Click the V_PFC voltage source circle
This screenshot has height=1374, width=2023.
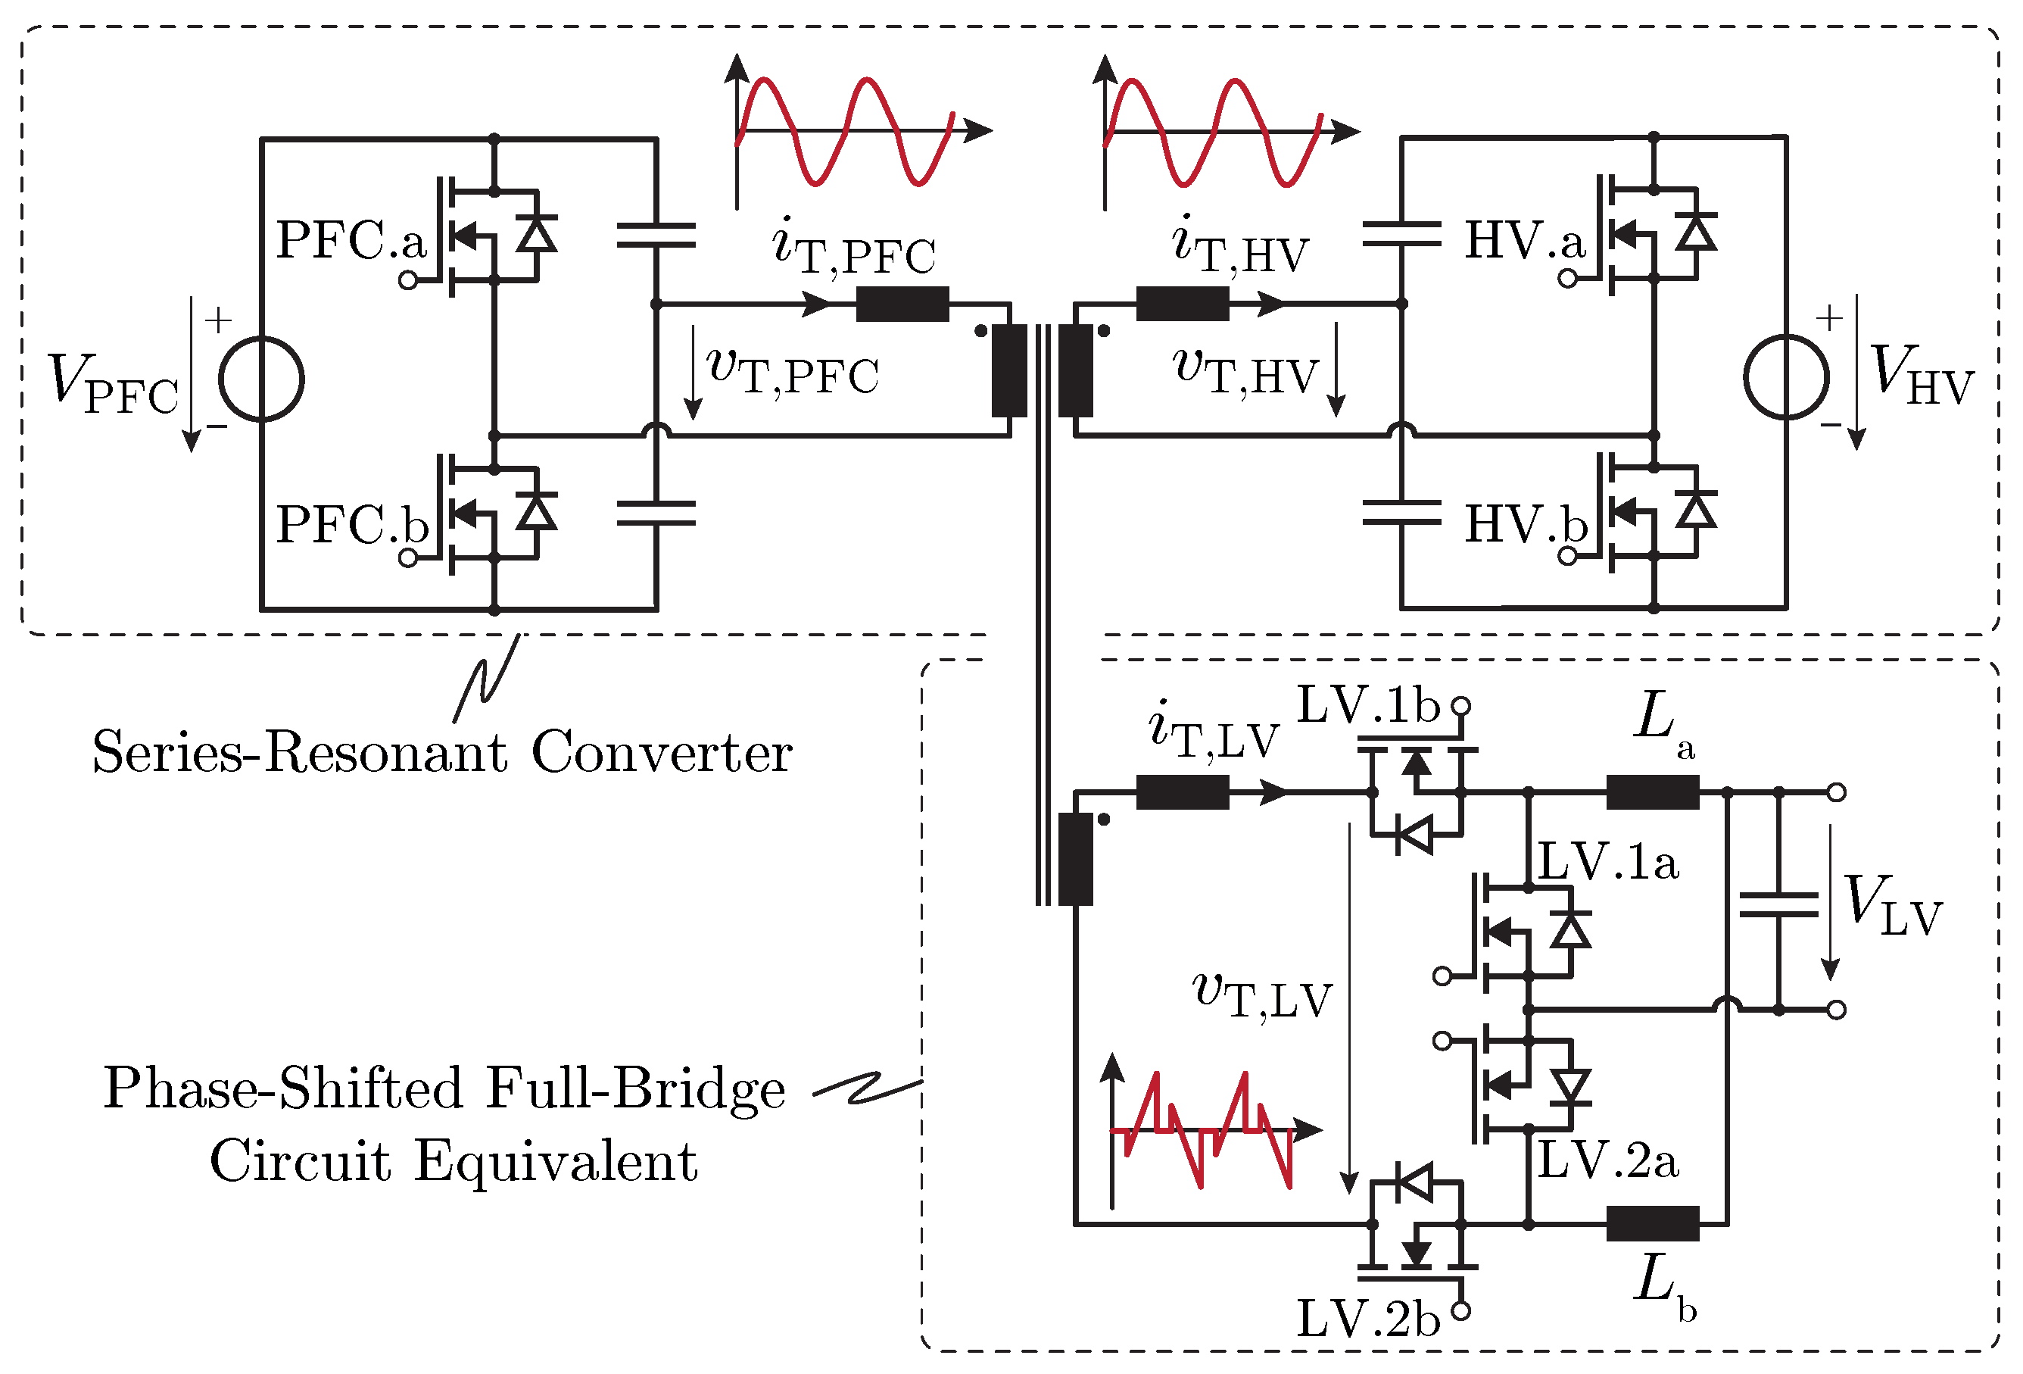click(x=260, y=379)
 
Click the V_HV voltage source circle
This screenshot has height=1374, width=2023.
click(x=1786, y=377)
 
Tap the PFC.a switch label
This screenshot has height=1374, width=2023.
click(x=351, y=239)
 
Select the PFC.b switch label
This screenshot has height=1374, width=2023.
click(x=351, y=524)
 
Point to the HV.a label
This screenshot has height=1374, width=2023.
click(x=1525, y=239)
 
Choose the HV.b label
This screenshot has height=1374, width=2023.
click(x=1525, y=524)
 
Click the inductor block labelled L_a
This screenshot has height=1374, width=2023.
click(x=1651, y=792)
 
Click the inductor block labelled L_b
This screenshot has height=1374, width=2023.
click(x=1651, y=1223)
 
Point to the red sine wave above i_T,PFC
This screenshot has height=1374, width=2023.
click(x=844, y=130)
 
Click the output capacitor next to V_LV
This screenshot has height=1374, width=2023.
click(x=1778, y=906)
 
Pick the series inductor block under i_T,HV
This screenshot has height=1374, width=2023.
click(x=1182, y=304)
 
